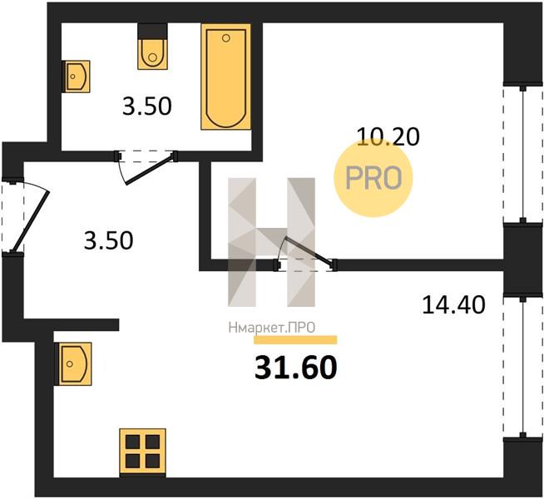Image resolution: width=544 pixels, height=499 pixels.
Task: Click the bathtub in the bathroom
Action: [x=226, y=77]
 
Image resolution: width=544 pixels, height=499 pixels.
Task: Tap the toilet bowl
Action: [x=152, y=54]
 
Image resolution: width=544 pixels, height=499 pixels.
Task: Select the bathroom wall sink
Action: [x=77, y=77]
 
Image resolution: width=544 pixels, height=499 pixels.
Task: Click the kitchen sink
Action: [x=73, y=363]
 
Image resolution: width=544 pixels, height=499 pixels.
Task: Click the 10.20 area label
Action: [x=388, y=136]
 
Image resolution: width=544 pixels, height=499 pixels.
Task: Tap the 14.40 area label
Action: [x=453, y=305]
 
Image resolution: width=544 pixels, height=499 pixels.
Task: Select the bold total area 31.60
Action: [x=295, y=368]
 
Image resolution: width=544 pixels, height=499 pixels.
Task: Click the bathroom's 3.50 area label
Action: [x=146, y=106]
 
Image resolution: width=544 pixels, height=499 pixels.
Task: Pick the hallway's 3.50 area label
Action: [x=108, y=240]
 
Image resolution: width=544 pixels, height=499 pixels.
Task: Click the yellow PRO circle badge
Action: [x=373, y=177]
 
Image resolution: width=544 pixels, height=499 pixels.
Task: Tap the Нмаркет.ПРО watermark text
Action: [x=272, y=328]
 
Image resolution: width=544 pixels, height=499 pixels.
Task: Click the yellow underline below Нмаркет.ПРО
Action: [x=295, y=340]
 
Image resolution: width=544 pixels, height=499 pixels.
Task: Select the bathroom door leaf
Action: [x=150, y=170]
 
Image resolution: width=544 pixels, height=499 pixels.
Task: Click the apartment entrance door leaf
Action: [x=31, y=220]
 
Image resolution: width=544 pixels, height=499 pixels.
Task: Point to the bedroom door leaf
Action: [x=309, y=251]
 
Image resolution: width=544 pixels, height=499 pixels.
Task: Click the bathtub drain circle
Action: [x=226, y=38]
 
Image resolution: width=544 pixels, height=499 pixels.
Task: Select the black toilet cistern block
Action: [x=152, y=32]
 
